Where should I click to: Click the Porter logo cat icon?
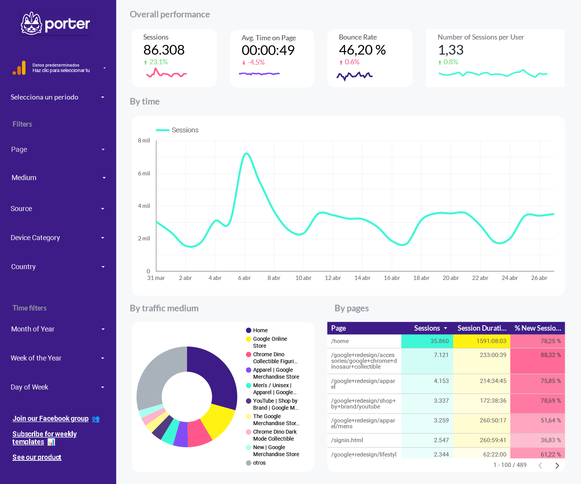(31, 24)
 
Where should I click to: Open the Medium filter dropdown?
(58, 178)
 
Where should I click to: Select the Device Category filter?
(58, 238)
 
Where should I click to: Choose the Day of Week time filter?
(58, 387)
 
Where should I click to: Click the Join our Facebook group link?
(51, 419)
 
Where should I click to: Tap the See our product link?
(37, 457)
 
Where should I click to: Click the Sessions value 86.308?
(164, 50)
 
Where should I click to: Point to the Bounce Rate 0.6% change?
(352, 62)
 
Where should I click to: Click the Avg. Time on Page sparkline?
(259, 74)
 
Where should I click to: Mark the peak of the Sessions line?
(246, 154)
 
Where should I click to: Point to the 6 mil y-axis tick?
(144, 173)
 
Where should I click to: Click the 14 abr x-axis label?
(362, 278)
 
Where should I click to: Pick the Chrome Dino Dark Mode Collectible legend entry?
(275, 435)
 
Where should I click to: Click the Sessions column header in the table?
(427, 328)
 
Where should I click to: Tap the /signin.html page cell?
(347, 440)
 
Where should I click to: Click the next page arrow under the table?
(557, 465)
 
